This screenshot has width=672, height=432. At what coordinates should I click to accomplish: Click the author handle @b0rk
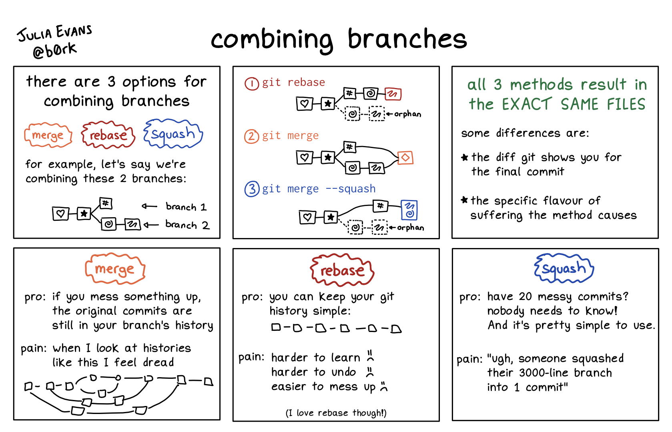[x=54, y=50]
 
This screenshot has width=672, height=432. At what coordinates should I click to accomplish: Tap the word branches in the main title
[x=407, y=39]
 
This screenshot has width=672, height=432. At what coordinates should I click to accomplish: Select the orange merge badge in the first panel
[x=48, y=135]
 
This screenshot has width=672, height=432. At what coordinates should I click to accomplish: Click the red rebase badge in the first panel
[x=108, y=135]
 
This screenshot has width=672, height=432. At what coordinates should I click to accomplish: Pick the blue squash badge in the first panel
[x=173, y=134]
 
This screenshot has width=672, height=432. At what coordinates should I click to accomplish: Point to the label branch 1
[x=186, y=207]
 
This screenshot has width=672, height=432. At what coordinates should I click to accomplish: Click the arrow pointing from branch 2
[x=151, y=225]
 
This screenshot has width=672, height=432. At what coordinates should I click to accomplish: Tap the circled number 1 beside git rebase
[x=252, y=84]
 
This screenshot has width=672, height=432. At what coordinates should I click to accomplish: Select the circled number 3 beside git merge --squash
[x=252, y=189]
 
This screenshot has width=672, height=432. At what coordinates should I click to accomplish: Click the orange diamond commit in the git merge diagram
[x=405, y=158]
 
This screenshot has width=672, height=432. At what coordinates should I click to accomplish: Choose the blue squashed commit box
[x=409, y=210]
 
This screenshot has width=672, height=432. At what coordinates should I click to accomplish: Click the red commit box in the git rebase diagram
[x=393, y=94]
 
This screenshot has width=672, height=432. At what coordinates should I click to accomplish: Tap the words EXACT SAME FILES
[x=573, y=104]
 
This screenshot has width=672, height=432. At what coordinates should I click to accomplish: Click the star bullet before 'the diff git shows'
[x=464, y=157]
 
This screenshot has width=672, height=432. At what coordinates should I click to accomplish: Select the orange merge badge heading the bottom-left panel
[x=115, y=269]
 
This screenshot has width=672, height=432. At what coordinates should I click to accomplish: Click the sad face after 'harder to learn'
[x=370, y=356]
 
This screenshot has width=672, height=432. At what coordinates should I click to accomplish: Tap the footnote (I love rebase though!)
[x=336, y=413]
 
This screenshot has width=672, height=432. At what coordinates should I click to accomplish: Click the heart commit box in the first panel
[x=60, y=214]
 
